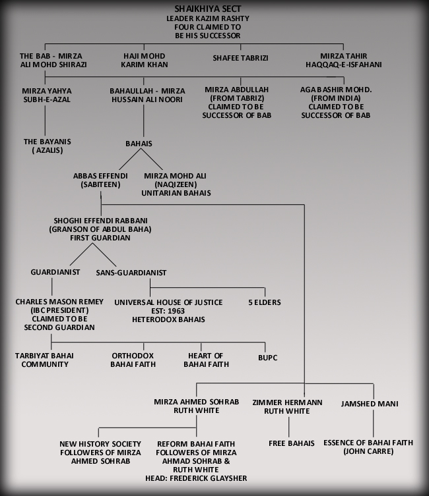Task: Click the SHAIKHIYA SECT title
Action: click(208, 9)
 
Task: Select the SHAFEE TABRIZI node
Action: click(240, 58)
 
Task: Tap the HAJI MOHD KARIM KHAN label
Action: click(145, 60)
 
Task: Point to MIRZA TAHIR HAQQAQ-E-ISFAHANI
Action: click(343, 60)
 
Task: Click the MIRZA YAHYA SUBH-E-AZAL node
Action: click(47, 95)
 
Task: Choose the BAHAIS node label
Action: click(139, 144)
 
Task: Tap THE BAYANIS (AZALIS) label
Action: click(48, 146)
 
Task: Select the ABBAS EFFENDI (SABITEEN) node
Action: click(100, 180)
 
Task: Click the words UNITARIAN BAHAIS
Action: click(176, 193)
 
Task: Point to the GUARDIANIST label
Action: click(55, 272)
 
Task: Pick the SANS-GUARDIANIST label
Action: click(131, 273)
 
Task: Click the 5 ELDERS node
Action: click(265, 302)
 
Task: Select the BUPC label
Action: click(268, 358)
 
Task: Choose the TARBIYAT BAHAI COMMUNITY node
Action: click(44, 360)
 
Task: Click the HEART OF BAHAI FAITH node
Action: click(207, 360)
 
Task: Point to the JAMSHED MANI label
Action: click(370, 404)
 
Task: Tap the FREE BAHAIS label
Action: click(292, 443)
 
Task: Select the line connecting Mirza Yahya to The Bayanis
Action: click(45, 121)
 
